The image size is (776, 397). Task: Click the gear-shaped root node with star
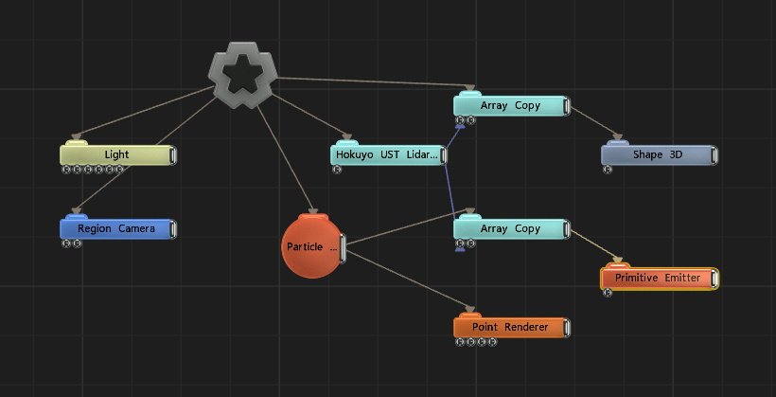coord(242,77)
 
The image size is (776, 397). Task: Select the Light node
coord(116,154)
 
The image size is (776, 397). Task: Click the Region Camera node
coord(116,228)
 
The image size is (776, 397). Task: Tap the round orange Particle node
coord(312,246)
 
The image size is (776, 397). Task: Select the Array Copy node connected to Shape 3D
coord(510,106)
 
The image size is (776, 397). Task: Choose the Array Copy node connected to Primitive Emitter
coord(510,228)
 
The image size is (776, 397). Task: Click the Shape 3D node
coord(657,154)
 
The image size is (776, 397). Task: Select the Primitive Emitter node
coord(659,278)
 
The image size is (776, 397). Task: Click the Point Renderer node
coord(510,327)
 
